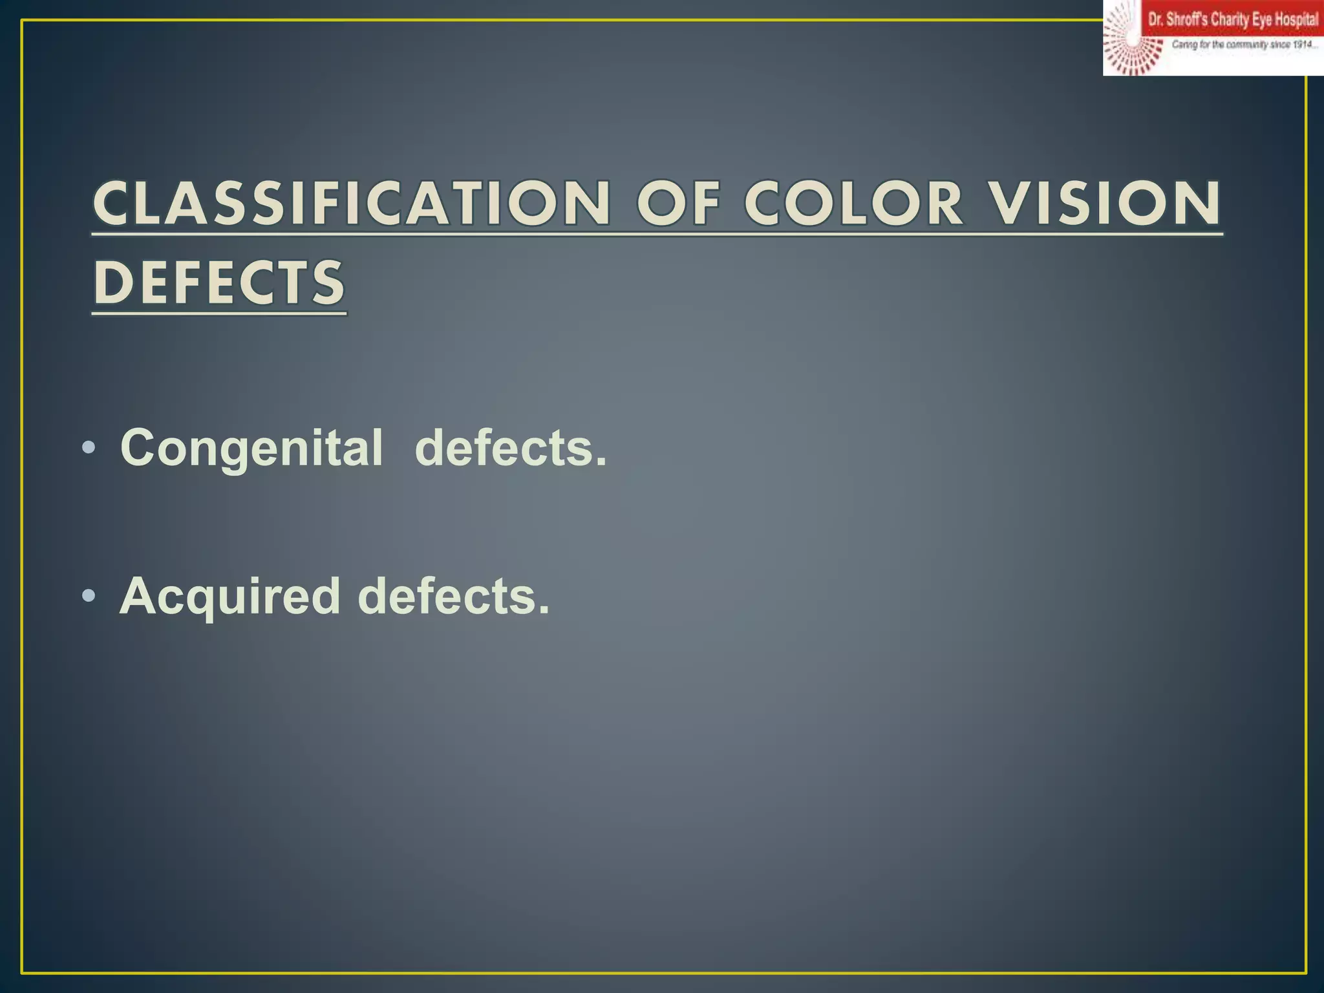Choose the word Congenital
[x=251, y=447]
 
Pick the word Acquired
[x=230, y=596]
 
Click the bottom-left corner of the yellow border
[x=22, y=972]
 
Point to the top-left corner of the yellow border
[x=22, y=21]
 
